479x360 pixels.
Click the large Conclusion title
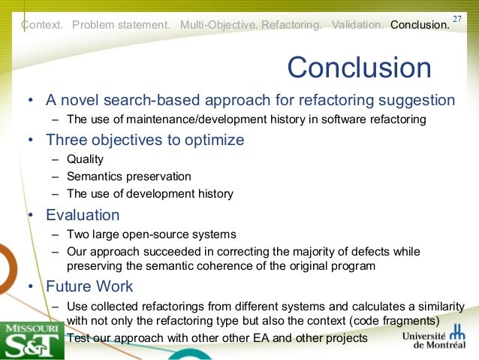point(359,68)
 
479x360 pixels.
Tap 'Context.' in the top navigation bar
point(43,25)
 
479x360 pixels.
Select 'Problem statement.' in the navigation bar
point(121,25)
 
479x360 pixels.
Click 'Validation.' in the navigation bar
point(357,25)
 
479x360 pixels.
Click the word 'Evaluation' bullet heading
point(83,215)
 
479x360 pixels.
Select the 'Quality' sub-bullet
point(85,159)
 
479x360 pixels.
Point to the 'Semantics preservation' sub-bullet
point(128,177)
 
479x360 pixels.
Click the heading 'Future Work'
point(89,286)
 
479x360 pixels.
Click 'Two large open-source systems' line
point(151,234)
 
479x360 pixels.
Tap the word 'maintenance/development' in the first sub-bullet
point(173,119)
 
